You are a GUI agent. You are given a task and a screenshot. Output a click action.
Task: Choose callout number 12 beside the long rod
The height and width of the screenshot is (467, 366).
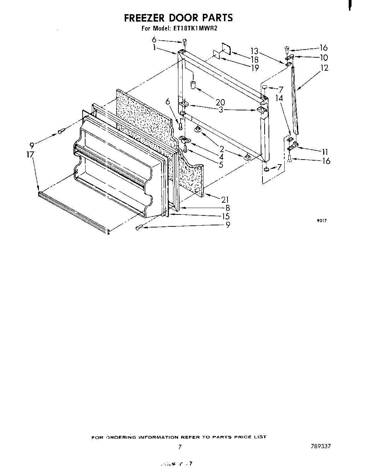[324, 68]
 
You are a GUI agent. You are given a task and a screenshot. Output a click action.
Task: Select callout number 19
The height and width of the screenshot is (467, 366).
[255, 68]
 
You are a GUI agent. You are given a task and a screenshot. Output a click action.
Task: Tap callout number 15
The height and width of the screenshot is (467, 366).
[225, 216]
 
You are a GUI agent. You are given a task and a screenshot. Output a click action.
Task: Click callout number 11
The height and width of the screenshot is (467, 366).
[325, 152]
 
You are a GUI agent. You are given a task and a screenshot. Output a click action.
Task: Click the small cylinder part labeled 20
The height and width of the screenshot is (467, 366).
[193, 85]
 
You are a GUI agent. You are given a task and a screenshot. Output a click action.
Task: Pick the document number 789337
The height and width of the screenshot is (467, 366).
[319, 446]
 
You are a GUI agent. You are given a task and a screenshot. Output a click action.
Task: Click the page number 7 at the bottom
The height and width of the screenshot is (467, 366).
[180, 447]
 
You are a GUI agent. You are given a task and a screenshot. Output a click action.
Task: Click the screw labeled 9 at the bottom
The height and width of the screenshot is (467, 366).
[139, 228]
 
